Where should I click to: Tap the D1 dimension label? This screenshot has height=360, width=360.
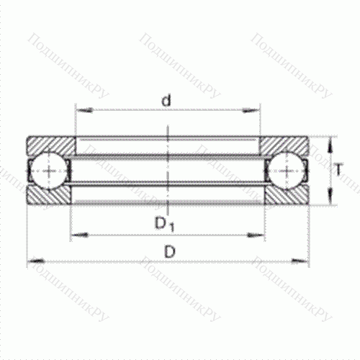165,225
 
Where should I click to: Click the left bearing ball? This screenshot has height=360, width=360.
48,171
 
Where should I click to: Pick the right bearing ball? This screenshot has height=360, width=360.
287,171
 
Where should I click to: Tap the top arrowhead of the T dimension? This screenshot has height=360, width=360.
330,141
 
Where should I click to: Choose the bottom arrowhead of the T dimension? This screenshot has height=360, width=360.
330,199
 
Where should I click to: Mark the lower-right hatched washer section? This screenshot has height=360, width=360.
288,195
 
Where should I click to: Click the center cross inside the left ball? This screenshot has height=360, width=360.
48,171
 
